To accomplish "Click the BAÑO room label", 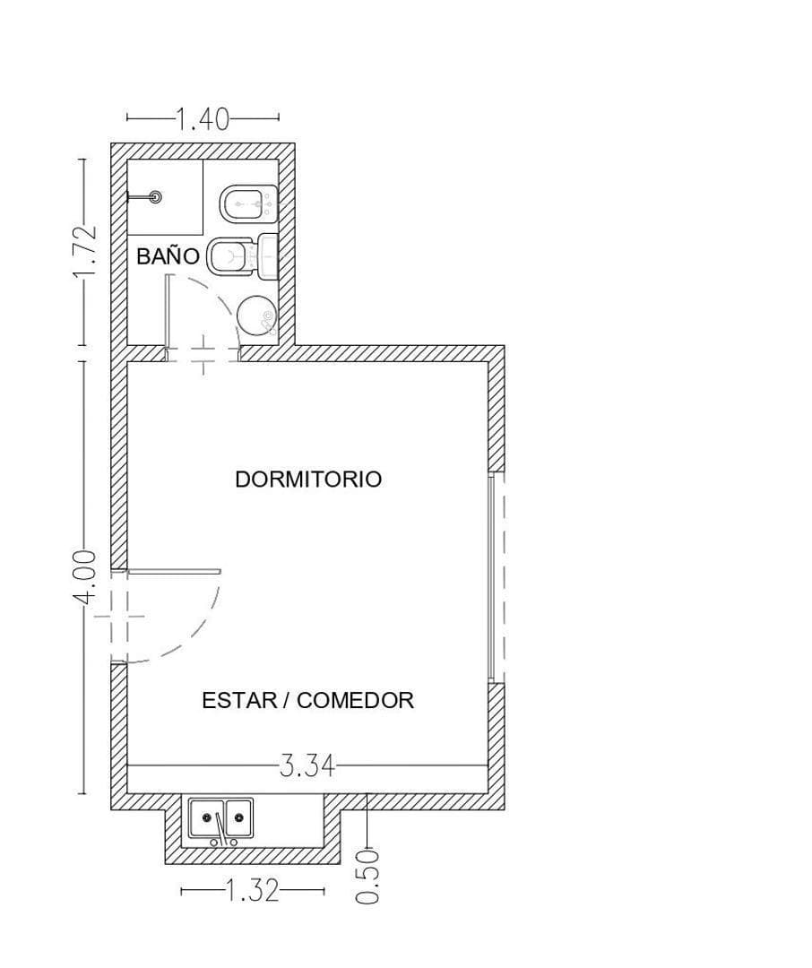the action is point(168,255).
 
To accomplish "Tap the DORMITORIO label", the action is point(308,479).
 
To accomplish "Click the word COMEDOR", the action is point(355,700).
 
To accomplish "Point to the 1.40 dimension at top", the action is point(203,118).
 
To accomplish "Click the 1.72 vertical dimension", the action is point(84,253).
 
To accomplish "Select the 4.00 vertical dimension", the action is point(84,578).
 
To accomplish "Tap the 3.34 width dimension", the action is point(307,766).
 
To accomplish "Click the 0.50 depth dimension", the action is point(367,877).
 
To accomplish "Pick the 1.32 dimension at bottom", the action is point(252,891).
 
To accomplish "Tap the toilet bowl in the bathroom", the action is point(229,256).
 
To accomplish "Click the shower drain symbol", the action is point(156,197).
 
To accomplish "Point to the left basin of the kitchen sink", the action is point(207,817).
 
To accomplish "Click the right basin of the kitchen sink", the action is point(238,817).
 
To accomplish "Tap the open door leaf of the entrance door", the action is point(174,572).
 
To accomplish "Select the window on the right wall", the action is point(492,577).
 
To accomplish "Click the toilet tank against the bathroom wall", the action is point(268,256).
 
